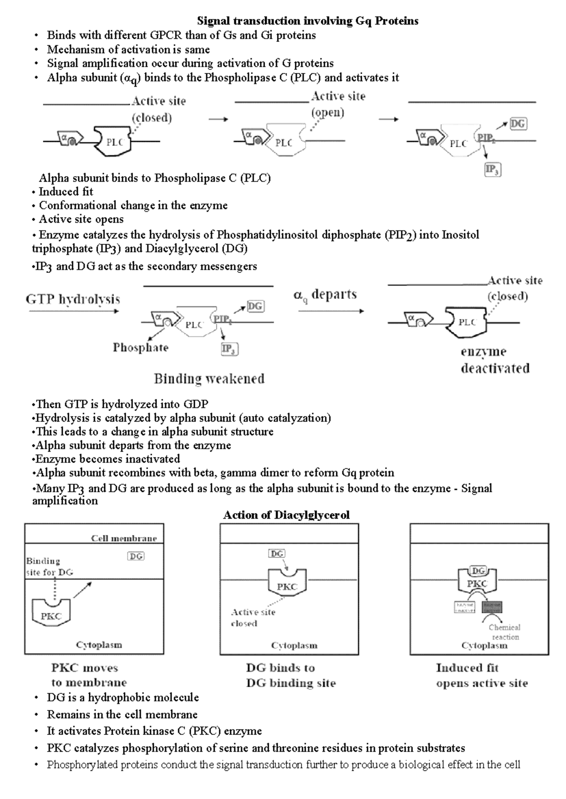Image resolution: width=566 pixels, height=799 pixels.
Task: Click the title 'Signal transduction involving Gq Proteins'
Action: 308,21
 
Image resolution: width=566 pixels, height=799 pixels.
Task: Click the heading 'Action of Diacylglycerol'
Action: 286,515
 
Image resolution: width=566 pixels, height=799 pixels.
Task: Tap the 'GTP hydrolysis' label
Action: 73,299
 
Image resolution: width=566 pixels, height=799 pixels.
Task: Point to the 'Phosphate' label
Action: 141,348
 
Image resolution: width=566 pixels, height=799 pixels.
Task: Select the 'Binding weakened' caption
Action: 209,378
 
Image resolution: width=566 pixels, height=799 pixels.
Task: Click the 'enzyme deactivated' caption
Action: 495,360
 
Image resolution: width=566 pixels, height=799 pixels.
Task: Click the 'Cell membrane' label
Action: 124,538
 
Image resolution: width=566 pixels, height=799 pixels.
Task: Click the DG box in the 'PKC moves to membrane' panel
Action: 136,556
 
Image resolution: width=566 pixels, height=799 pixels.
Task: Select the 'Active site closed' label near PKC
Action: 253,618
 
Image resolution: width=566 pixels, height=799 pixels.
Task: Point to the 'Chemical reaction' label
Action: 505,632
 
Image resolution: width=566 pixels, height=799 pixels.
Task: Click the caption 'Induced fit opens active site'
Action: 482,676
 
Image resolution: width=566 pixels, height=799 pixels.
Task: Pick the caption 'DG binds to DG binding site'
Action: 291,676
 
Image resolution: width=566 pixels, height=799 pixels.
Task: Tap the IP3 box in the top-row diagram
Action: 493,170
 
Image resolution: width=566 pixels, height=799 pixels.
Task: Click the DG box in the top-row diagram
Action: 518,124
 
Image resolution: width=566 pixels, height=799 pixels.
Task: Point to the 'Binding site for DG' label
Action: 50,567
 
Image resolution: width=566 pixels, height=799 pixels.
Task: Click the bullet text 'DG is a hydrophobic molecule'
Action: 123,697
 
